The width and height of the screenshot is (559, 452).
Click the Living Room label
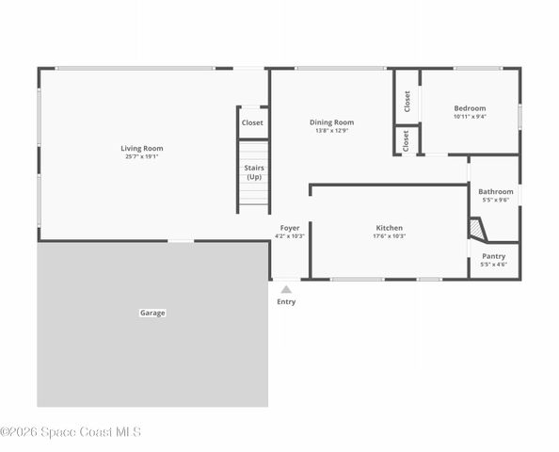(x=141, y=148)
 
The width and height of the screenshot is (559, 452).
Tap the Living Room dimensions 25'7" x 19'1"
(x=141, y=156)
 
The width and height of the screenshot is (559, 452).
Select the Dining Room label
(x=332, y=121)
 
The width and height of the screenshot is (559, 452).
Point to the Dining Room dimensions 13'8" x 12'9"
(x=332, y=130)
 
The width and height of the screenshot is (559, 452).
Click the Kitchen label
(x=389, y=228)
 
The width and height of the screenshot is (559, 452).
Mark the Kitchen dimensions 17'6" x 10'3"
(x=389, y=236)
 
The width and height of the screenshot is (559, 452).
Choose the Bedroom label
(x=470, y=108)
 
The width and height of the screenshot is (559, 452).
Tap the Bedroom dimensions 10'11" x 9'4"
(x=470, y=117)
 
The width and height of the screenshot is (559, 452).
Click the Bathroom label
(x=495, y=191)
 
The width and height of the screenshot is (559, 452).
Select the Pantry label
(x=493, y=256)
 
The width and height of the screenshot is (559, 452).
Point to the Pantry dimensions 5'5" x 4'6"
(x=493, y=265)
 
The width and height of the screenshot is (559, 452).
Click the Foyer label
(x=290, y=228)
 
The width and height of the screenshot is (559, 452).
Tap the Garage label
(x=152, y=313)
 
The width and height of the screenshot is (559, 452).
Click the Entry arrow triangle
(x=286, y=289)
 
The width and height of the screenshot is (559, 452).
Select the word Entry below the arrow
(x=286, y=301)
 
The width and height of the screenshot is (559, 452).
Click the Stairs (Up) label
(x=254, y=172)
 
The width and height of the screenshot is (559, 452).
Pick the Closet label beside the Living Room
(x=252, y=122)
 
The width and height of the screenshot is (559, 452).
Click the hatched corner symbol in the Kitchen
(x=477, y=230)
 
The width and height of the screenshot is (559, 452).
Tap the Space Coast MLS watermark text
(x=71, y=432)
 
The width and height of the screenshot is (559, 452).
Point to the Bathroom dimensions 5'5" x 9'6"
(x=495, y=200)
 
